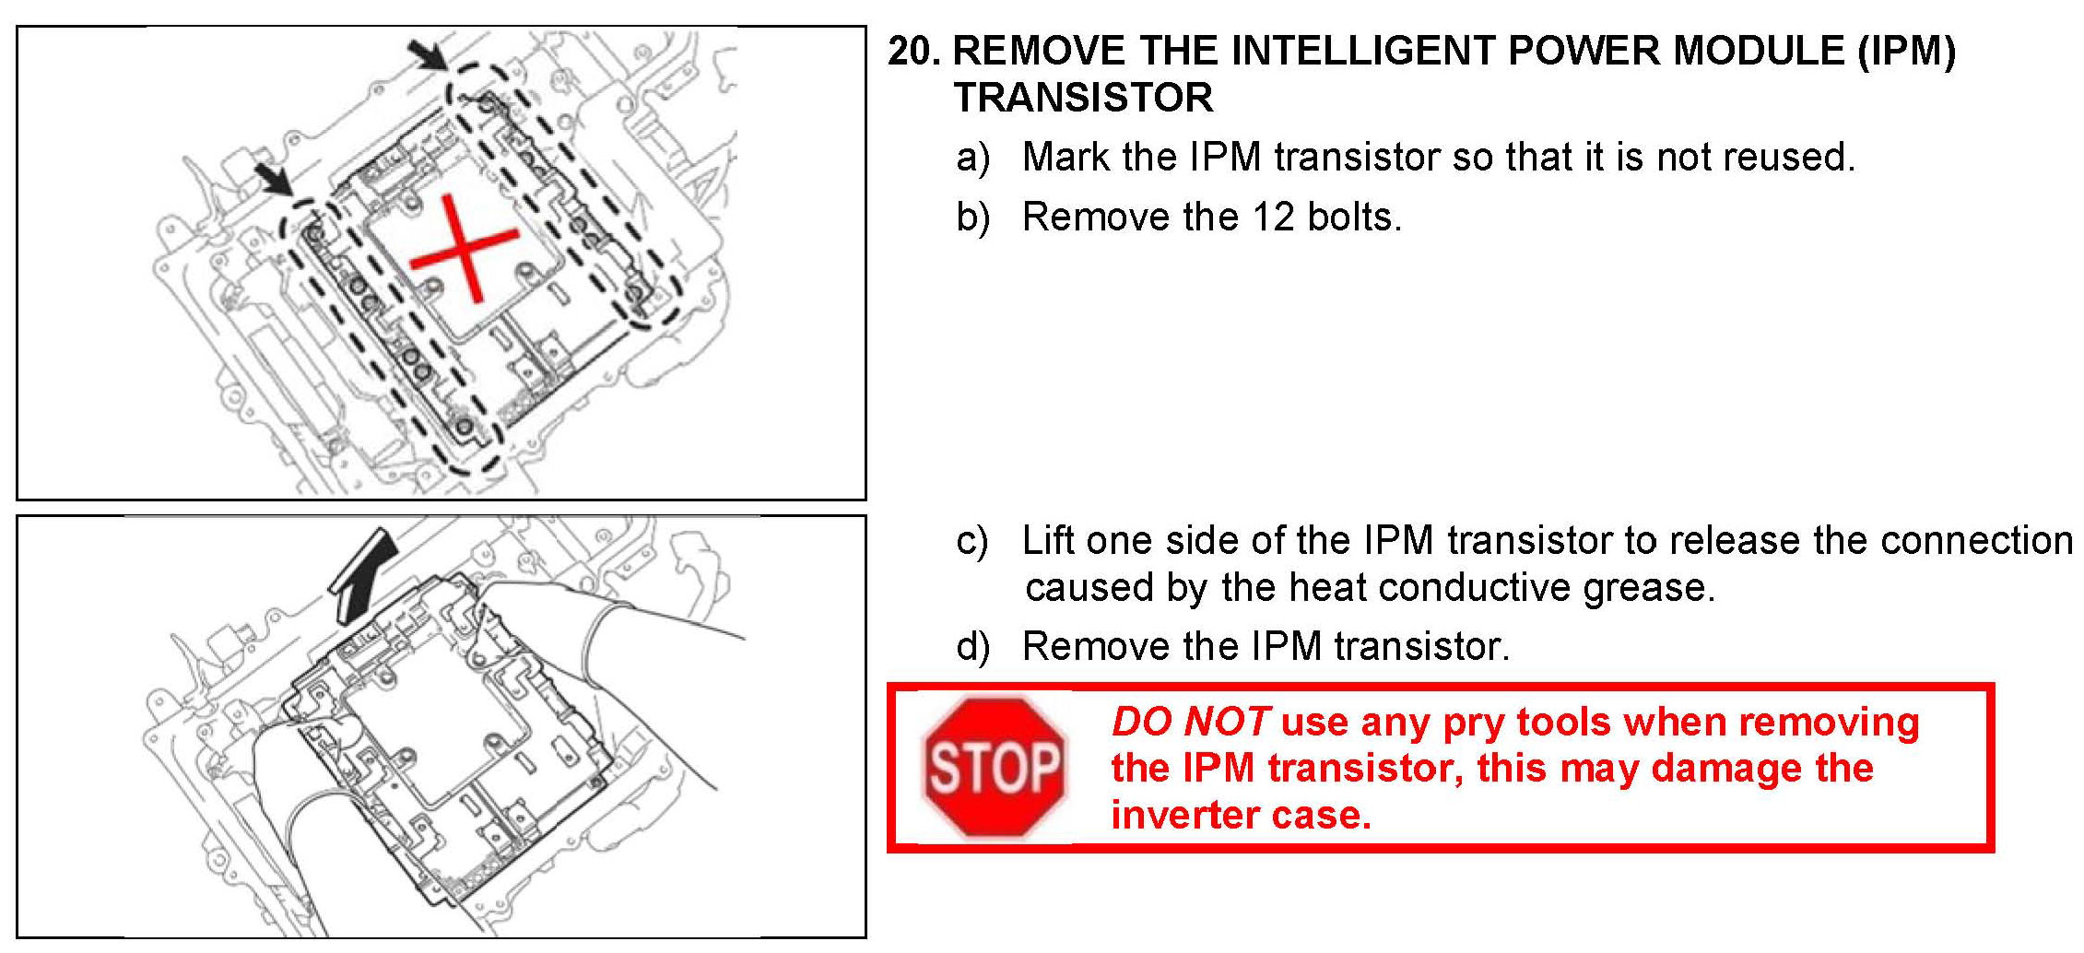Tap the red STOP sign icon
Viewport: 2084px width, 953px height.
click(995, 767)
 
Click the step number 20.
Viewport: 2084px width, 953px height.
click(913, 51)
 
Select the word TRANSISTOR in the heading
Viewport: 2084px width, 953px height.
click(1083, 98)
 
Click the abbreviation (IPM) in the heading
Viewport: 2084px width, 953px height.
click(1906, 51)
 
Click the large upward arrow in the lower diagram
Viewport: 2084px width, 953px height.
click(363, 574)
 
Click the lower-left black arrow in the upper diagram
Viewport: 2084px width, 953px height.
click(274, 180)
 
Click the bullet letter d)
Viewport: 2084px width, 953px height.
click(973, 647)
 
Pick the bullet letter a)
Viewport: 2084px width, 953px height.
click(973, 159)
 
